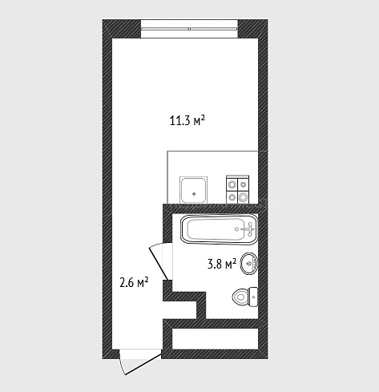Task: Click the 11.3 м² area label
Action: pyautogui.click(x=187, y=120)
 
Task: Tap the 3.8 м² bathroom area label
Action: pyautogui.click(x=222, y=264)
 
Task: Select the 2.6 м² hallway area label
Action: pyautogui.click(x=134, y=283)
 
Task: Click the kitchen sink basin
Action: pyautogui.click(x=194, y=189)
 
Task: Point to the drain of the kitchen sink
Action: pyautogui.click(x=194, y=194)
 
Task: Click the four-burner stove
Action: pyautogui.click(x=237, y=189)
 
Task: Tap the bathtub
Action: pyautogui.click(x=219, y=229)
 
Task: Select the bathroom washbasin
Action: pyautogui.click(x=249, y=264)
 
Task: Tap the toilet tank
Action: pyautogui.click(x=253, y=297)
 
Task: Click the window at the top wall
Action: pyautogui.click(x=189, y=29)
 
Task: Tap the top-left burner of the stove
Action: pyautogui.click(x=232, y=184)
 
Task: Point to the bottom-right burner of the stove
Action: pyautogui.click(x=243, y=197)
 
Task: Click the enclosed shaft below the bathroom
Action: pyautogui.click(x=215, y=338)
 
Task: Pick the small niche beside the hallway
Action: pyautogui.click(x=180, y=310)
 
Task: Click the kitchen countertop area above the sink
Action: pyautogui.click(x=212, y=163)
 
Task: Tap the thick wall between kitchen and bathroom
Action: pyautogui.click(x=211, y=208)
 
